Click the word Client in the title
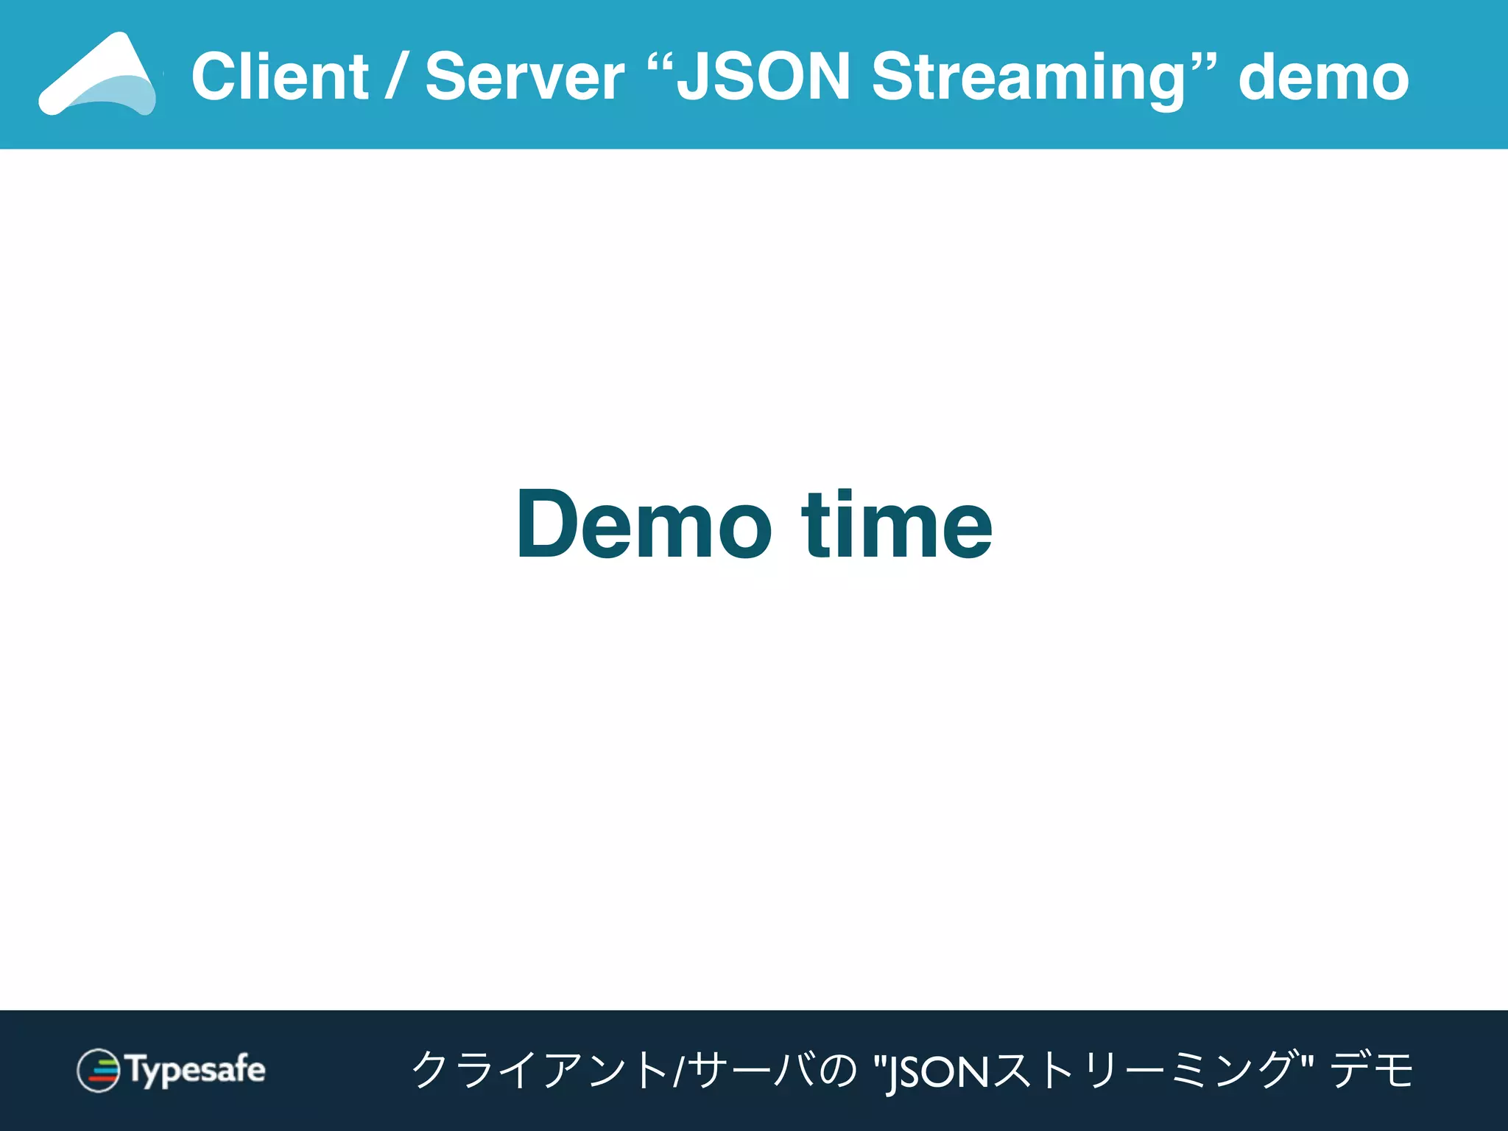pyautogui.click(x=280, y=77)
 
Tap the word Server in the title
pyautogui.click(x=524, y=77)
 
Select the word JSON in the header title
pyautogui.click(x=763, y=77)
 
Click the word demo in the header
pyautogui.click(x=1323, y=78)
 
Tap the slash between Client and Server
pyautogui.click(x=397, y=78)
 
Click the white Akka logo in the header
pyautogui.click(x=98, y=74)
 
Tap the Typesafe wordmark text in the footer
pyautogui.click(x=197, y=1070)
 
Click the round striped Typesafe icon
pyautogui.click(x=98, y=1070)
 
